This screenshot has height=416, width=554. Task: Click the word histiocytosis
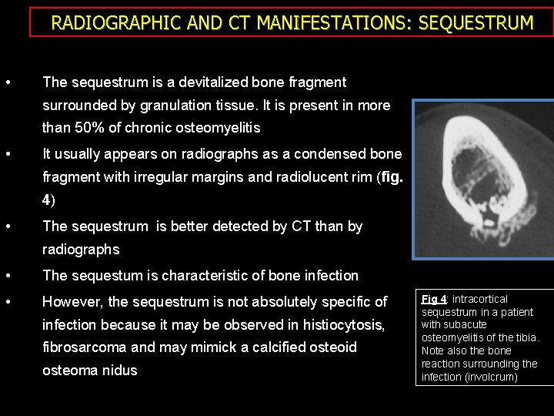click(x=333, y=324)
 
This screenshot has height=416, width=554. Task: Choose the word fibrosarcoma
click(x=85, y=347)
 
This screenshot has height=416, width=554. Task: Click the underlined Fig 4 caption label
click(x=435, y=299)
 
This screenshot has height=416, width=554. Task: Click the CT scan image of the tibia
click(x=482, y=179)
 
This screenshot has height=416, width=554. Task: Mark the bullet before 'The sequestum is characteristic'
click(x=7, y=276)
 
